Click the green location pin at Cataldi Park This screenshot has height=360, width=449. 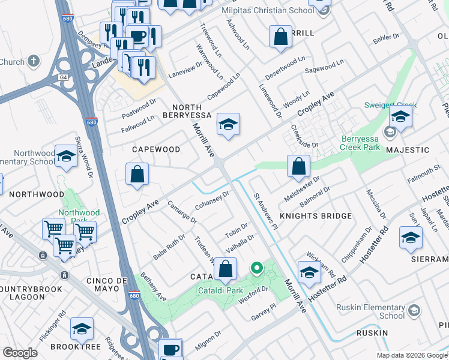[256, 268]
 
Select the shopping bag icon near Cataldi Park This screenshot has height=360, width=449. [226, 270]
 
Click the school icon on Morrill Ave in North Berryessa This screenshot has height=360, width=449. [228, 125]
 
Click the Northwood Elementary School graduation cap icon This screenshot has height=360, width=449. [66, 157]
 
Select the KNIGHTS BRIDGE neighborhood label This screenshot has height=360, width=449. [318, 215]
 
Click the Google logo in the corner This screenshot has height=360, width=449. [20, 353]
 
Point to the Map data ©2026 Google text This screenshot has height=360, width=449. [411, 355]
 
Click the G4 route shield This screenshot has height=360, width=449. [63, 77]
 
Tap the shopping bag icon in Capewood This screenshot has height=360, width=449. [137, 175]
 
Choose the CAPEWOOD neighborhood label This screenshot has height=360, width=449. [155, 149]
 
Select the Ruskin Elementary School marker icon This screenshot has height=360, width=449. [413, 310]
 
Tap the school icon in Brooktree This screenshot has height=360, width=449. [82, 329]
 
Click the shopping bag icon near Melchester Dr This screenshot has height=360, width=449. [298, 167]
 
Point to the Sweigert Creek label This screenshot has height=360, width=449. [390, 105]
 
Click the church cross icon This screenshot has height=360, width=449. [34, 61]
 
